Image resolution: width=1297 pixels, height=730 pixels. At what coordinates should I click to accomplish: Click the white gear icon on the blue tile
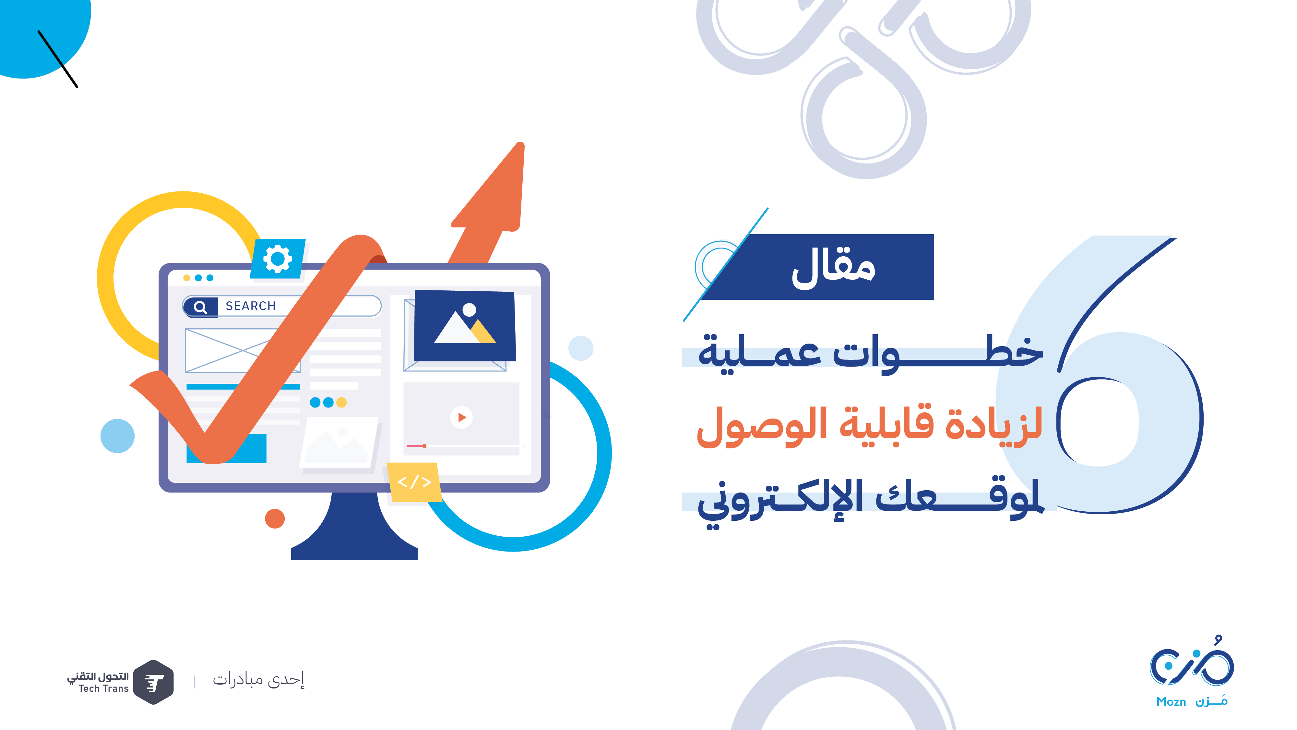click(278, 259)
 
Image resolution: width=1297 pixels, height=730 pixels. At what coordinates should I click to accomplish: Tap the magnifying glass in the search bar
click(200, 307)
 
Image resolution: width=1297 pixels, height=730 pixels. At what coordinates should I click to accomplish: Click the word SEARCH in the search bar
click(251, 306)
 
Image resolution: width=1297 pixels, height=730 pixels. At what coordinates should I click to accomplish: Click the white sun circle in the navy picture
click(469, 310)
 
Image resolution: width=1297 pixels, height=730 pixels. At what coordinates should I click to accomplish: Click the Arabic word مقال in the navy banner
click(833, 268)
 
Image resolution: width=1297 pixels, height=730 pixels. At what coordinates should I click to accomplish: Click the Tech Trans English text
click(104, 689)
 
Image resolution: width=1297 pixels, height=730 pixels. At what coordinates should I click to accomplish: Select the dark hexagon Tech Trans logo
click(154, 682)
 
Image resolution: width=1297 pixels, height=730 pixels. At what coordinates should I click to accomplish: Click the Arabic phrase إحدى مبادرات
click(258, 680)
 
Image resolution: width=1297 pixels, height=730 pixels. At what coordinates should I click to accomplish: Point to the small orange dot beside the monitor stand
click(275, 518)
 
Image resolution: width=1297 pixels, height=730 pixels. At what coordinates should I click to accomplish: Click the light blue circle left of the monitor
click(117, 436)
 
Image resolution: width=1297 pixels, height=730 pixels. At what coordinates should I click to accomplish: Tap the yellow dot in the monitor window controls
click(187, 278)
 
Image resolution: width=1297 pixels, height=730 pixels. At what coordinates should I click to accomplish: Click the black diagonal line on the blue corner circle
click(58, 59)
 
